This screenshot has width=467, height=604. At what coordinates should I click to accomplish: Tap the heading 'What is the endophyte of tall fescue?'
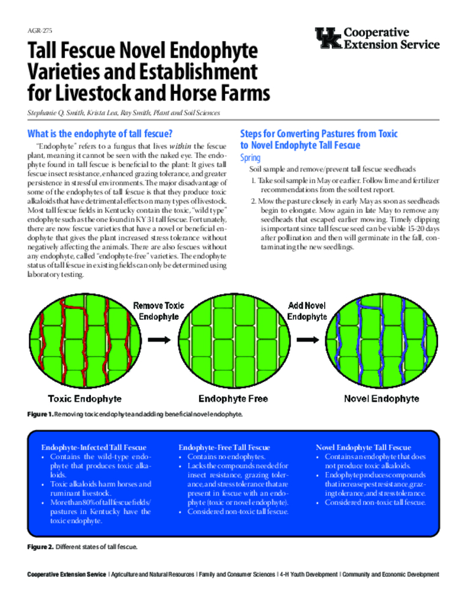tap(100, 133)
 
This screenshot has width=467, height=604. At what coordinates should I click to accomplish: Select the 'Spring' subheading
tap(250, 157)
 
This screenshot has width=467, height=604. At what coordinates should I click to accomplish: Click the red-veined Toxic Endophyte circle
tap(84, 340)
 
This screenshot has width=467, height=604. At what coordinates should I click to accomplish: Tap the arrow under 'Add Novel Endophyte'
tap(307, 340)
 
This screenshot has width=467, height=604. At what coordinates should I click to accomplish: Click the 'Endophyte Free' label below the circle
tap(233, 399)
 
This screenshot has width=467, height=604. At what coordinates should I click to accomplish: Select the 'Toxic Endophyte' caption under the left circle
tap(84, 399)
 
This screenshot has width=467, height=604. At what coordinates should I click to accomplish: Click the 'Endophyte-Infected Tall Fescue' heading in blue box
tap(94, 448)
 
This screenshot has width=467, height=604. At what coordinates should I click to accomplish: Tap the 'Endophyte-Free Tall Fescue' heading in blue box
tap(224, 448)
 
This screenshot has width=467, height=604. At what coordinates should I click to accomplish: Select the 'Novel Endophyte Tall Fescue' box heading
tap(364, 448)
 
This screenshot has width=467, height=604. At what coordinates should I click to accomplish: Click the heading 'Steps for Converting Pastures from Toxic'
tap(319, 133)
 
